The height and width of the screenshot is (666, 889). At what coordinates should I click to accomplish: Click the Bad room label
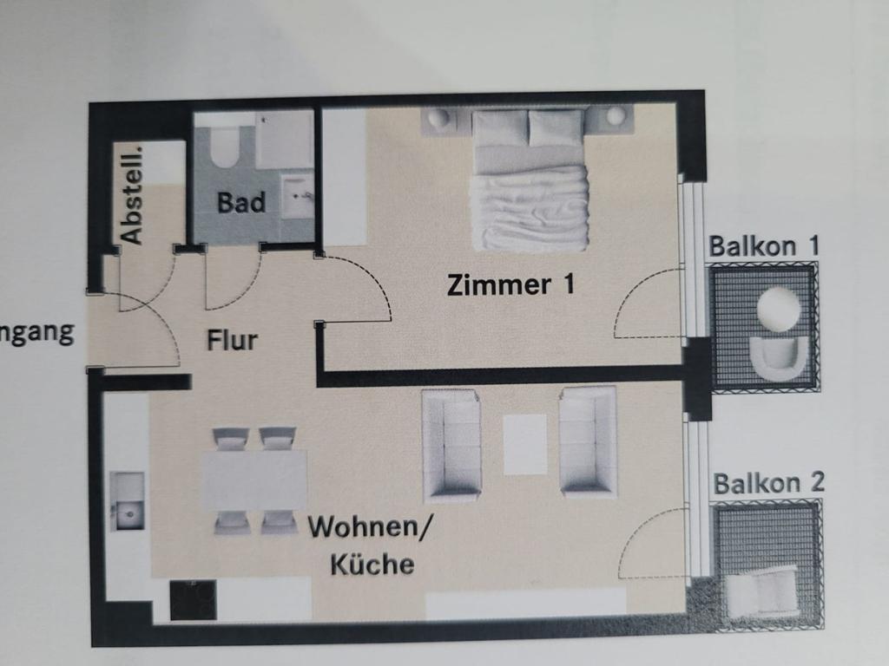pos(241,203)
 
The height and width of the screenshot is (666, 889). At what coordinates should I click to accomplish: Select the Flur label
pos(232,339)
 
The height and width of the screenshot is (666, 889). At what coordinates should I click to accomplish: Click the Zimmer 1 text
pos(510,284)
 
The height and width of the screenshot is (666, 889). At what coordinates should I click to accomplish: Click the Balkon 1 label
pos(764,245)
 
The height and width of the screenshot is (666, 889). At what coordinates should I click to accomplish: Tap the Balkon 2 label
pos(768,483)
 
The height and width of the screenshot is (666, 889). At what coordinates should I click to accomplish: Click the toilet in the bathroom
pos(223,147)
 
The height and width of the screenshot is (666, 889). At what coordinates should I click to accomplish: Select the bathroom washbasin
pos(298,196)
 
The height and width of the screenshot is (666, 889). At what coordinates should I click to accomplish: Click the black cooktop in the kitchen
pos(192,600)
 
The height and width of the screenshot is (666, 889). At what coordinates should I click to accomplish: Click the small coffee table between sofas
pos(524,444)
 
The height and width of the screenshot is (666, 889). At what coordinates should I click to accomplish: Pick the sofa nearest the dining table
pos(451,445)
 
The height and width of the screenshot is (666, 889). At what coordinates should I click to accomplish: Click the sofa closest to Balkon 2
pos(588,441)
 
